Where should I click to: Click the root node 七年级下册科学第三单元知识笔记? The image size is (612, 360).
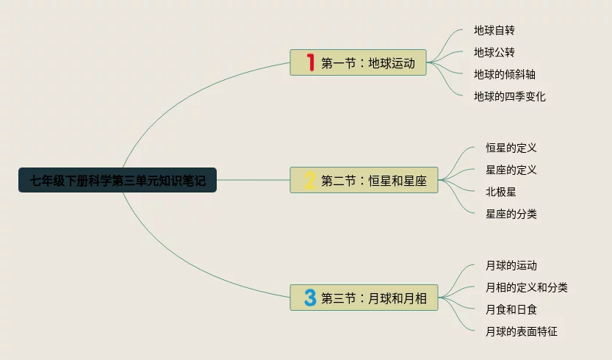point(118,180)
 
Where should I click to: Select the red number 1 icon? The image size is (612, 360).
point(310,63)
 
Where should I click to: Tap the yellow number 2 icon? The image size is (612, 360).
point(310,180)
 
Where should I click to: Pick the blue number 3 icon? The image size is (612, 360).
point(310,298)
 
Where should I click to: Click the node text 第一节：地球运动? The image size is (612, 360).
point(368,63)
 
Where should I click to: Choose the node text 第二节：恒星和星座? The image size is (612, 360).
point(374,181)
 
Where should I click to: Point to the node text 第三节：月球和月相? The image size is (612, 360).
point(374,298)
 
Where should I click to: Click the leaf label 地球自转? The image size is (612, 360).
point(494,30)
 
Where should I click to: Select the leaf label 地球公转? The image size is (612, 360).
point(494,52)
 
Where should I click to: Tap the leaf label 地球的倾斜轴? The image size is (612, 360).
point(504,74)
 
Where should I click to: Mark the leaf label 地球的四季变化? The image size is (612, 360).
point(510,96)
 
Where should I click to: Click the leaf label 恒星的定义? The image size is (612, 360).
point(511,148)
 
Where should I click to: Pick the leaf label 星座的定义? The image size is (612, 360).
point(511,170)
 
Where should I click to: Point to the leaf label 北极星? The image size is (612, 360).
point(501,192)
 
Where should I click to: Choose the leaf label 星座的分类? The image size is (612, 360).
point(511,214)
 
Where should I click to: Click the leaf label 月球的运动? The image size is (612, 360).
point(511,265)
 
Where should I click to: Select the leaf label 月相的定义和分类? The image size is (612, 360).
point(527,287)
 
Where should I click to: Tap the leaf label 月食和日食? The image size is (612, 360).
point(511,309)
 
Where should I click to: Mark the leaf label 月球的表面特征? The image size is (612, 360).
point(522,331)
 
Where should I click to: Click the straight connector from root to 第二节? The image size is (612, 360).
point(253,180)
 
